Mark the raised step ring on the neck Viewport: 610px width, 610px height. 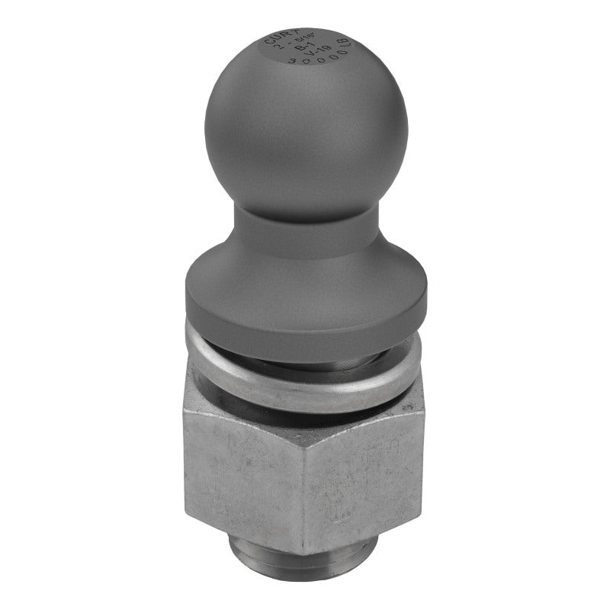click(x=305, y=229)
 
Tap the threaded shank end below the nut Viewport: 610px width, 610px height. click(x=305, y=576)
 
